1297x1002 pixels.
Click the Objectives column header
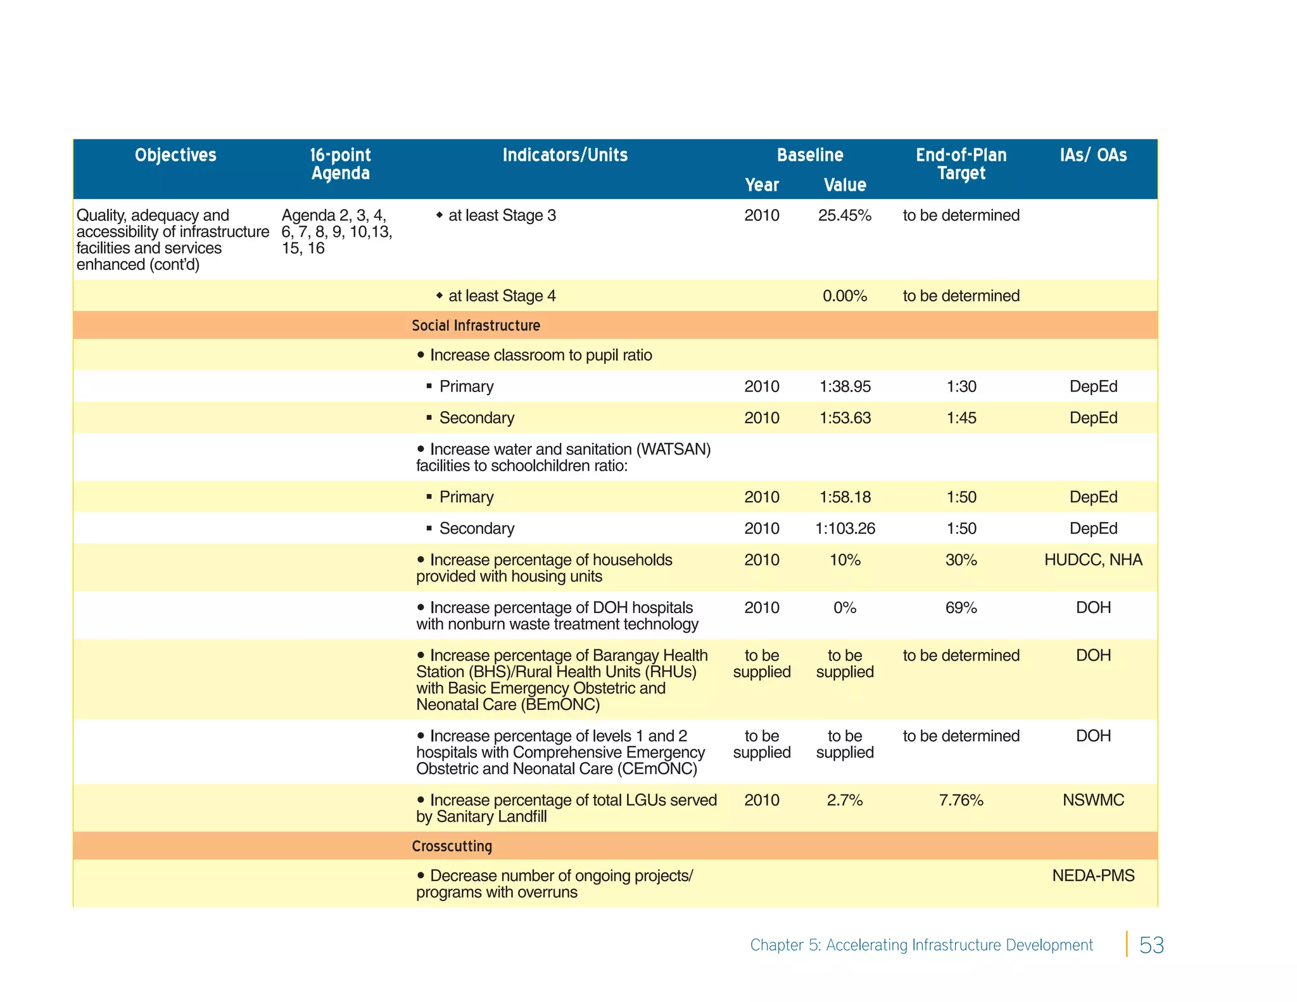pyautogui.click(x=175, y=155)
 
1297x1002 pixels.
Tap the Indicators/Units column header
pyautogui.click(x=565, y=155)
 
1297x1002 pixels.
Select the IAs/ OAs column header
pyautogui.click(x=1093, y=155)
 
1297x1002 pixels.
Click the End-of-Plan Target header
pyautogui.click(x=961, y=164)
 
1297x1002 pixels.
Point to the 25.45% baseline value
pyautogui.click(x=845, y=215)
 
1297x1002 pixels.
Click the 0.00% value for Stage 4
pyautogui.click(x=845, y=296)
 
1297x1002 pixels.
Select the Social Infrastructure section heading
pyautogui.click(x=476, y=326)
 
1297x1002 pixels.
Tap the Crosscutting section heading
pyautogui.click(x=452, y=846)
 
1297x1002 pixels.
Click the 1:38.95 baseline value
pyautogui.click(x=845, y=386)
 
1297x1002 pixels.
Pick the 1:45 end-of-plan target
pyautogui.click(x=961, y=418)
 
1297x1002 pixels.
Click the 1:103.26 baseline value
pyautogui.click(x=845, y=528)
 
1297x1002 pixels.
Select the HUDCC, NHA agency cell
pyautogui.click(x=1093, y=560)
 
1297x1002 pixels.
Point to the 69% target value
pyautogui.click(x=961, y=607)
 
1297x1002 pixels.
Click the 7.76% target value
pyautogui.click(x=961, y=800)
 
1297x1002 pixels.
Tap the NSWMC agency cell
pyautogui.click(x=1093, y=800)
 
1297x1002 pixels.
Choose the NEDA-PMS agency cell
pyautogui.click(x=1093, y=875)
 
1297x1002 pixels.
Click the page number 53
pyautogui.click(x=1151, y=945)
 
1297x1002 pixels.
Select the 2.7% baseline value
pyautogui.click(x=845, y=800)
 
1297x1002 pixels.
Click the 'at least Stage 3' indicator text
pyautogui.click(x=502, y=215)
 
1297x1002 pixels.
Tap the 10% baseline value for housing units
pyautogui.click(x=845, y=560)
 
